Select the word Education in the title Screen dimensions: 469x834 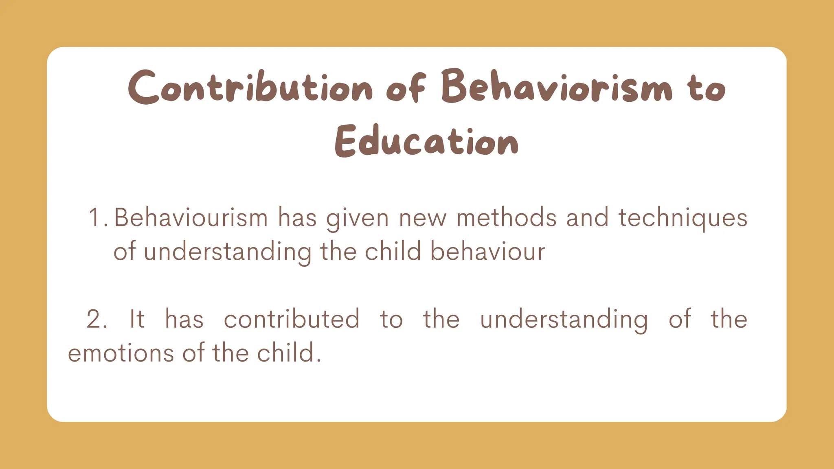tap(426, 141)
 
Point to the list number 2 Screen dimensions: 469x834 tap(96, 319)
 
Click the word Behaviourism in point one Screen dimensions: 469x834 tap(191, 218)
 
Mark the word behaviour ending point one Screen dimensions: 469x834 tap(487, 252)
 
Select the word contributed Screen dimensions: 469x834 tap(292, 319)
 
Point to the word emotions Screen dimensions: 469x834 tap(121, 353)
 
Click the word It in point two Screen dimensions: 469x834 tap(137, 319)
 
